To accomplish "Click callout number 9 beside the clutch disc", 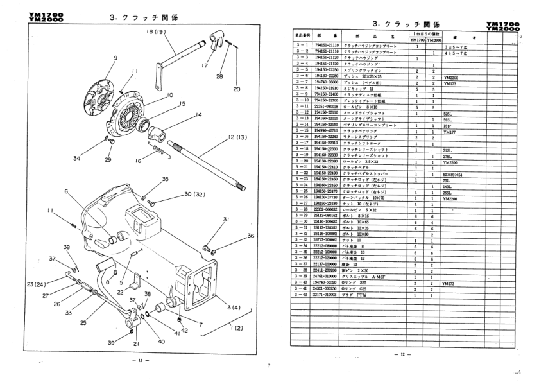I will [x=116, y=57].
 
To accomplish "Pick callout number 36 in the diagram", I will [x=250, y=236].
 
